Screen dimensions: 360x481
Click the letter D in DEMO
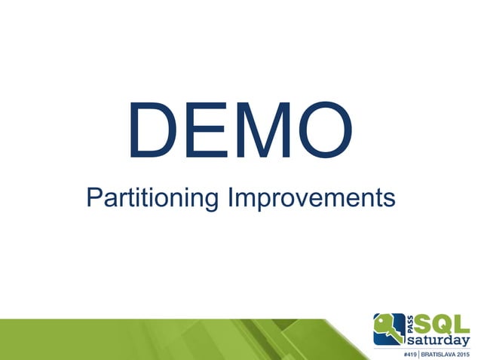click(154, 133)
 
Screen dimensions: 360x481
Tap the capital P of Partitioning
click(93, 197)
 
